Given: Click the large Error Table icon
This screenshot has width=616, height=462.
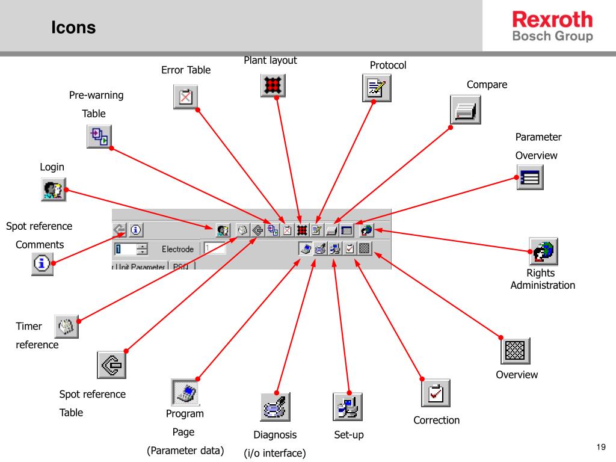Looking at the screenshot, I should click(186, 97).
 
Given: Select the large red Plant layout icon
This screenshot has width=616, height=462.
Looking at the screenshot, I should click(273, 85).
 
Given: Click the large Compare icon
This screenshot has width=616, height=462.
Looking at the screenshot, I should click(466, 109).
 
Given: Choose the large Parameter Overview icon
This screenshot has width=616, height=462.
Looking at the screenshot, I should click(531, 177).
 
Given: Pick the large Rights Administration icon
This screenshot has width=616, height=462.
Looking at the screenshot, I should click(543, 251).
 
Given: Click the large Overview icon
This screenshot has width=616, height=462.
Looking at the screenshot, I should click(516, 350).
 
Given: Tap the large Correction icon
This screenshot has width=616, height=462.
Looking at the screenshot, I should click(436, 393).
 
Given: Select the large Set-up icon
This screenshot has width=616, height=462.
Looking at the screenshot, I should click(348, 407).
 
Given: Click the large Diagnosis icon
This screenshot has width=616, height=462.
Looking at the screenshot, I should click(276, 407).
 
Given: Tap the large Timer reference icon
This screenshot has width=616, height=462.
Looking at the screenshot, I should click(66, 327).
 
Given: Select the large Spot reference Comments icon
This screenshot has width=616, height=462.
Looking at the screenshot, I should click(42, 263).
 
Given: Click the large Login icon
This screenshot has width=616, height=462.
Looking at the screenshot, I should click(53, 189).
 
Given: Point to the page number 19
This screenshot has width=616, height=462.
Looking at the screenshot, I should click(600, 446).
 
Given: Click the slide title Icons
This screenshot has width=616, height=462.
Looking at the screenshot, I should click(73, 28).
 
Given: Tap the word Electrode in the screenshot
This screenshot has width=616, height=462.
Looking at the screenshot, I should click(177, 249).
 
